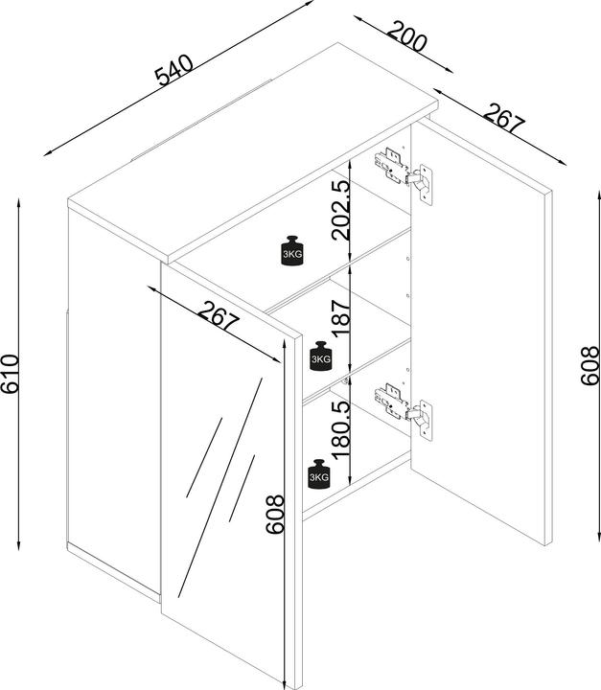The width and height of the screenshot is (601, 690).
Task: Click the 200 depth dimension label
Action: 406,40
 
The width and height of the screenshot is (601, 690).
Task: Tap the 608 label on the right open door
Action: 589,364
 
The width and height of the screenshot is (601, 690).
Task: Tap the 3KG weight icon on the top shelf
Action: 292,247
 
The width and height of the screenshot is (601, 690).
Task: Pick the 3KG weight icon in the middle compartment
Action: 319,355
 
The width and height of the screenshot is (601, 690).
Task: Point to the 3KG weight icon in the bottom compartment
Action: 319,472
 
